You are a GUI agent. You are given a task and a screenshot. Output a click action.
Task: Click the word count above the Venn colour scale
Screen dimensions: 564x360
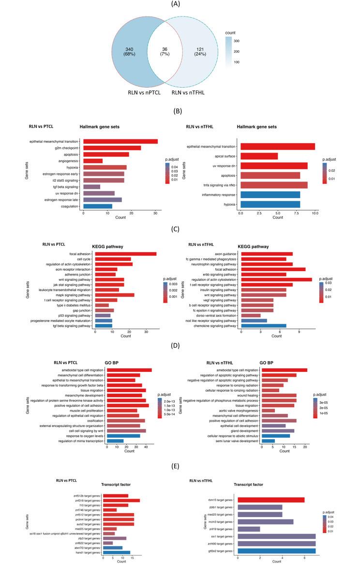[x=232, y=33]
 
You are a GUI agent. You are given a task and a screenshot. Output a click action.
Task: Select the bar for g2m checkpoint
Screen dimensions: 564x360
[x=112, y=148]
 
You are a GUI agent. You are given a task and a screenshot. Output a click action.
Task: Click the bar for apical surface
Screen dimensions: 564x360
[x=259, y=156]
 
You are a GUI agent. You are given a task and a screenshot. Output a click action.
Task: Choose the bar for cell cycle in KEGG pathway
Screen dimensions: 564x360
[x=113, y=259]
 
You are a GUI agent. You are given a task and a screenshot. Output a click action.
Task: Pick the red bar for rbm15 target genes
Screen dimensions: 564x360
[x=271, y=500]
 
